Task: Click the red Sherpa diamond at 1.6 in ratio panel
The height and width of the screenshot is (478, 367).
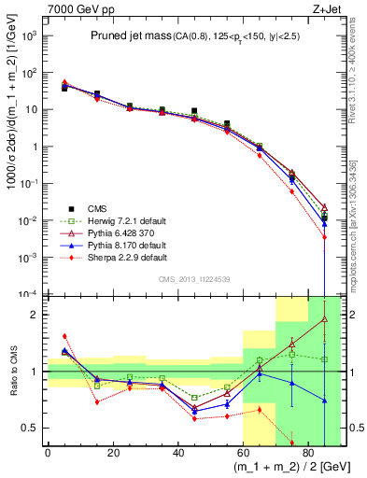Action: pyautogui.click(x=64, y=336)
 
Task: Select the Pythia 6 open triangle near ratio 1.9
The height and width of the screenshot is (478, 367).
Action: pyautogui.click(x=324, y=319)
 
